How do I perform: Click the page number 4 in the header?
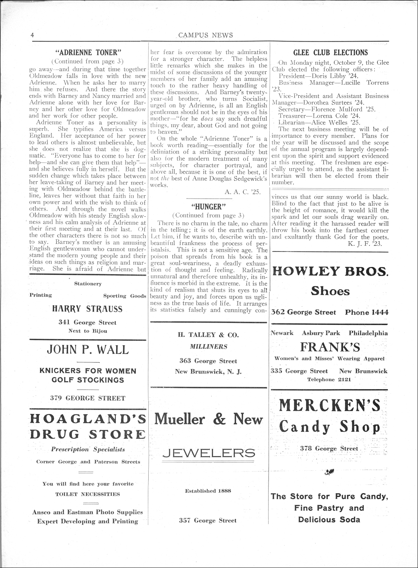[x=33, y=35]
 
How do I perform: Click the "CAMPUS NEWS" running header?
[x=205, y=35]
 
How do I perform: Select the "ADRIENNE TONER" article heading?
[x=87, y=53]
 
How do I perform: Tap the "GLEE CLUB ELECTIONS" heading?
[x=330, y=53]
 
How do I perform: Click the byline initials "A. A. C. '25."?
[x=242, y=192]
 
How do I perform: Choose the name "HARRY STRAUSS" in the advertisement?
[x=87, y=309]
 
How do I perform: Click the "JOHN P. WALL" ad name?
[x=87, y=349]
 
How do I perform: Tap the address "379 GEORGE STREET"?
[x=87, y=398]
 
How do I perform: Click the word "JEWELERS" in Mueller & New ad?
[x=208, y=452]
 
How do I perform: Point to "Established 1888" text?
[x=208, y=491]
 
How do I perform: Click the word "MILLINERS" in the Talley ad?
[x=208, y=346]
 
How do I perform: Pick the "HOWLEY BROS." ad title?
[x=330, y=271]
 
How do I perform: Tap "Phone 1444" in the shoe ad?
[x=367, y=312]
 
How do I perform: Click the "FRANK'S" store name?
[x=330, y=347]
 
